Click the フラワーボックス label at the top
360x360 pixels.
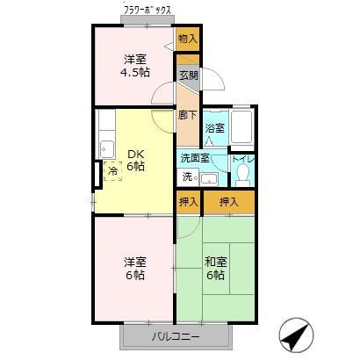coord(148,11)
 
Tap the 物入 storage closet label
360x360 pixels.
coord(188,38)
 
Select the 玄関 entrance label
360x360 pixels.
coord(189,76)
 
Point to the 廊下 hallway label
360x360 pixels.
coord(187,115)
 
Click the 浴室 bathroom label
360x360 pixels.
coord(214,128)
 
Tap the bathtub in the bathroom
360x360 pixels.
coord(241,126)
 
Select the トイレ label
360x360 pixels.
coord(243,159)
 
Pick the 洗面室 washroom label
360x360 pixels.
coord(195,158)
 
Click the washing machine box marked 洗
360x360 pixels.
coord(188,176)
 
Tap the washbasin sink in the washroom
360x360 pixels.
coord(209,179)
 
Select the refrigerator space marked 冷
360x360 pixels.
coord(113,171)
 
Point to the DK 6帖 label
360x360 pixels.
coord(135,160)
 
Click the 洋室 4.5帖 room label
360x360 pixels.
coord(135,66)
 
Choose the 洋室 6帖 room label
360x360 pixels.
coord(135,269)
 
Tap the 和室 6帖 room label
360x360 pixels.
coord(216,269)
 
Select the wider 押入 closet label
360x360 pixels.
coord(229,202)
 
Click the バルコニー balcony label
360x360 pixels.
coord(176,337)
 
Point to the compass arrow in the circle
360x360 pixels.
coord(296,335)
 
